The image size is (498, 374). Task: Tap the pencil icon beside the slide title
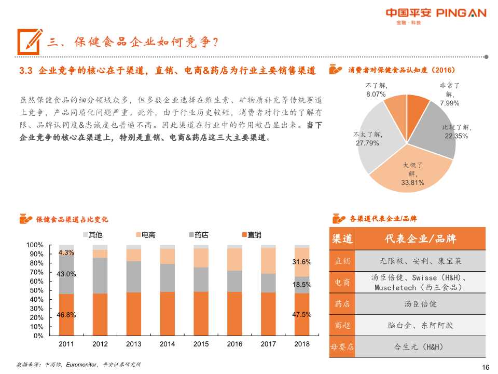click(x=30, y=41)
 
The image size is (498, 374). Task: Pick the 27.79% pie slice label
click(x=367, y=139)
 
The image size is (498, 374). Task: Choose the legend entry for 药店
click(x=197, y=235)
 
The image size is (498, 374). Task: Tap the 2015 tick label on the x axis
click(x=201, y=344)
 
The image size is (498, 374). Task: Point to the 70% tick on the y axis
click(x=36, y=272)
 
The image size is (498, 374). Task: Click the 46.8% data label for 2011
click(x=66, y=315)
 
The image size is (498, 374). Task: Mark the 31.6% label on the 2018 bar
click(x=302, y=262)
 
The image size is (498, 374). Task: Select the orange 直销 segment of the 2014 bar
click(x=167, y=314)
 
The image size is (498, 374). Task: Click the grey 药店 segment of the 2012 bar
click(x=100, y=275)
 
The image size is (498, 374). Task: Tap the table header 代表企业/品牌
click(x=420, y=239)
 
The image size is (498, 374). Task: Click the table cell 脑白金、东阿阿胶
click(x=420, y=326)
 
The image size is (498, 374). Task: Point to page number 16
click(x=486, y=367)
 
